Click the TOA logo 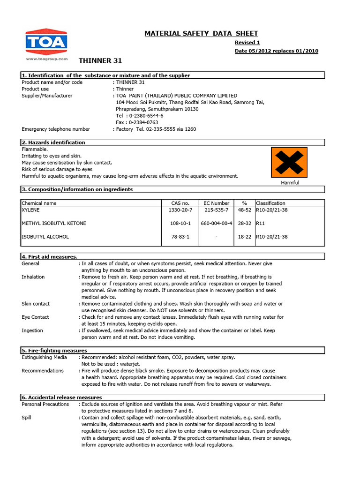point(46,42)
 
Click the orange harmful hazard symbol point(289,162)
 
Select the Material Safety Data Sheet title point(201,33)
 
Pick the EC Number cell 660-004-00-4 point(216,224)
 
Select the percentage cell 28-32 point(244,224)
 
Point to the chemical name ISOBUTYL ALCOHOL point(45,237)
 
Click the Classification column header point(270,203)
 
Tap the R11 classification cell point(261,224)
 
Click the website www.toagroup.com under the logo point(46,59)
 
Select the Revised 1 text point(247,42)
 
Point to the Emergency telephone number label point(56,129)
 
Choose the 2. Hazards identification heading point(53,142)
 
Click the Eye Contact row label point(35,317)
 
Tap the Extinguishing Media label point(44,357)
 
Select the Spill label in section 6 point(27,417)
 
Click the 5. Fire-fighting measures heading point(54,350)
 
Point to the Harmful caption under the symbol point(290,182)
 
